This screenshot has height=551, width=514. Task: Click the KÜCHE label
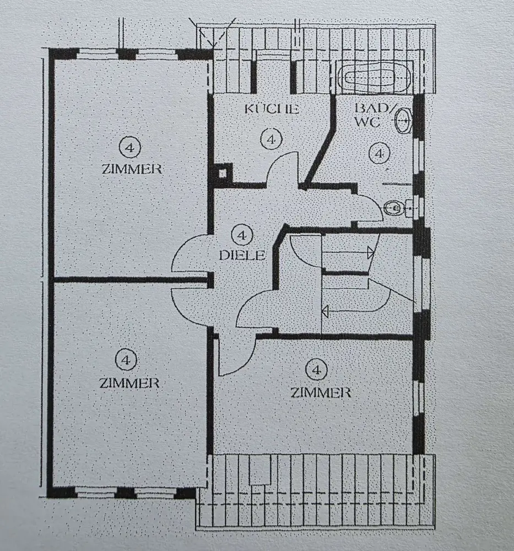coord(272,109)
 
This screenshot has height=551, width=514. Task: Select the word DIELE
coord(242,255)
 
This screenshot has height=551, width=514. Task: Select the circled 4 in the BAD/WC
coord(378,153)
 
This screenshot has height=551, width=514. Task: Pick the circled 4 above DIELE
coord(241,235)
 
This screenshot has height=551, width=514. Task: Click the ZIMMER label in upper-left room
coord(132,169)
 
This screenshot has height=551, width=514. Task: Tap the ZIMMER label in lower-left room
coord(129,383)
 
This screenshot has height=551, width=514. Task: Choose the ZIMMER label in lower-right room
coord(321,392)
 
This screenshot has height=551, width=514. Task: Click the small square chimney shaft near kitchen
coord(223,173)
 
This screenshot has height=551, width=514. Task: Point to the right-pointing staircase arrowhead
coord(371,252)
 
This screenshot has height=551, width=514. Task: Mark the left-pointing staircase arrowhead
coord(326,311)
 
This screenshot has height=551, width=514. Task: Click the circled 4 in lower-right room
coord(317,370)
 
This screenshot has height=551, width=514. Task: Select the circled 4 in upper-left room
coord(129,147)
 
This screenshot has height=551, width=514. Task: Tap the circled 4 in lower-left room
coord(126,359)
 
